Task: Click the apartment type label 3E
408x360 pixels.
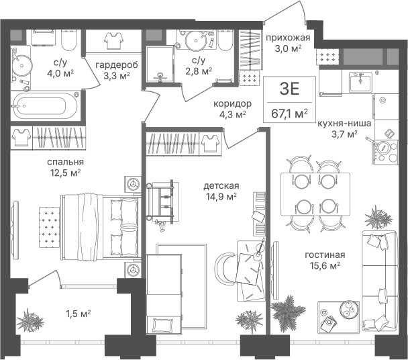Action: (x=289, y=89)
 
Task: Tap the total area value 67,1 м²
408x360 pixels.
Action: (x=289, y=114)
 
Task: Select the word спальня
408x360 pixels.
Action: (x=65, y=162)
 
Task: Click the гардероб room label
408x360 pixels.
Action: (x=116, y=65)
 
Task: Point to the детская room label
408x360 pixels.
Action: (x=221, y=186)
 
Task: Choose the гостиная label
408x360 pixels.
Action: (x=325, y=255)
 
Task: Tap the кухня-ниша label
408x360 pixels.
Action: (x=344, y=123)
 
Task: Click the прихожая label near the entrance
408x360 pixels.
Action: (x=288, y=38)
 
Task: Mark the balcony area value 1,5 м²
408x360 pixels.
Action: (x=78, y=314)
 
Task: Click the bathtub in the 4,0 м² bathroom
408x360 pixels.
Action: (x=45, y=105)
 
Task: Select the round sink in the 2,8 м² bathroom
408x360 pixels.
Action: (x=195, y=40)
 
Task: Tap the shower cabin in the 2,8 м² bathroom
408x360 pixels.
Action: (x=160, y=64)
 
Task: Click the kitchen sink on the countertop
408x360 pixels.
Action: (x=360, y=82)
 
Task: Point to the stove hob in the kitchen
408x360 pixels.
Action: (x=387, y=152)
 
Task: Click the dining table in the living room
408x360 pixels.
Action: (x=315, y=194)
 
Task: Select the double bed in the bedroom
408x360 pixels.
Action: (x=100, y=227)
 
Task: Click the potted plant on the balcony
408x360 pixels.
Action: (x=30, y=320)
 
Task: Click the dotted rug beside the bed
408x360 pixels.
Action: (x=50, y=227)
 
